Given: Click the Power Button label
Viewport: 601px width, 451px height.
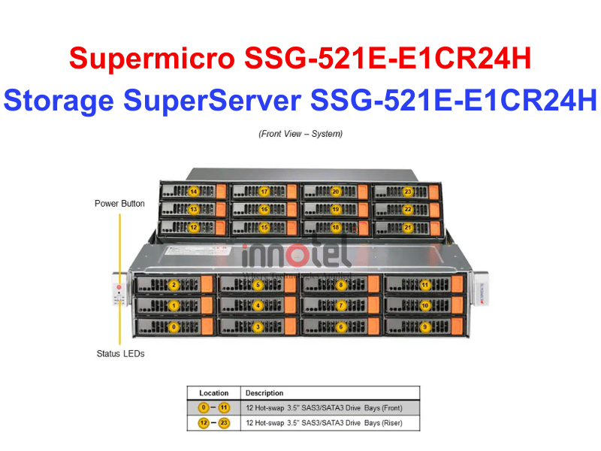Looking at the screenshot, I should tap(119, 204).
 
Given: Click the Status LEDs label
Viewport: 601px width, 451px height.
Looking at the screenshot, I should tap(119, 353).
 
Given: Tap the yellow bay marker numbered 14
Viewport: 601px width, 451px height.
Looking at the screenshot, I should tap(193, 192).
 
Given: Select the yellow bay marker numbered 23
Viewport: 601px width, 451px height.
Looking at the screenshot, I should tap(408, 192).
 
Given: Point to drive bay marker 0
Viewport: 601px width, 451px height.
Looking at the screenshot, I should tap(174, 327).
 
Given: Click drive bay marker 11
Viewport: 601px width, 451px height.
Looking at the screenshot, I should tap(425, 285).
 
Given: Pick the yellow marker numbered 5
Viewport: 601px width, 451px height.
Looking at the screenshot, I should tap(258, 285).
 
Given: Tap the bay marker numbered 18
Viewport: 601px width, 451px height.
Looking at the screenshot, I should tap(336, 227).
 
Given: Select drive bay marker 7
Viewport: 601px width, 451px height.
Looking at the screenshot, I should tap(341, 306).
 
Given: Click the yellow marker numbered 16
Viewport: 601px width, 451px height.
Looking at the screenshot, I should tap(264, 210).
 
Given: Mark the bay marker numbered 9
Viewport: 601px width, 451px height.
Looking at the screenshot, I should tap(425, 327).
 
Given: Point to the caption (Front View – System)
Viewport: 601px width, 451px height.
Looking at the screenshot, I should tap(300, 134).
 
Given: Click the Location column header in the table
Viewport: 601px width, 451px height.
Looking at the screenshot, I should tap(213, 393).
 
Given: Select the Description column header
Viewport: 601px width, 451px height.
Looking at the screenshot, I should tap(264, 393).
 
